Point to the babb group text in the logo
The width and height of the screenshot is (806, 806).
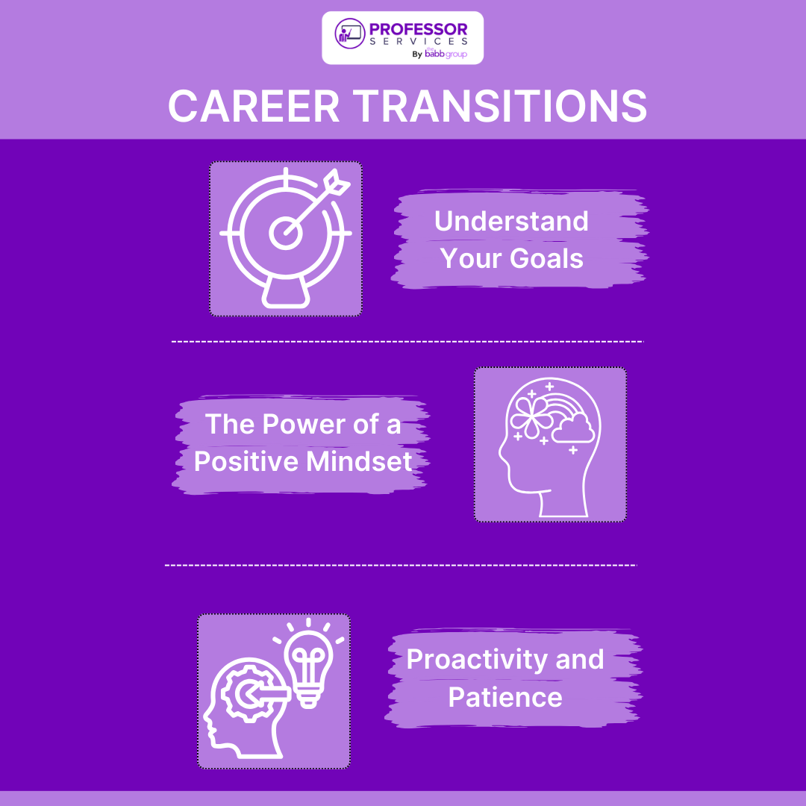(x=446, y=54)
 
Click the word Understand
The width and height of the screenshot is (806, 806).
(x=511, y=222)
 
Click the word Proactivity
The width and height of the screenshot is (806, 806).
(x=463, y=660)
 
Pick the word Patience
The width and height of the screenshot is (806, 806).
(x=505, y=697)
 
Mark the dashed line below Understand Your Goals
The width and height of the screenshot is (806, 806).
(x=407, y=341)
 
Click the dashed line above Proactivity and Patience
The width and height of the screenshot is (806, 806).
(x=401, y=565)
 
